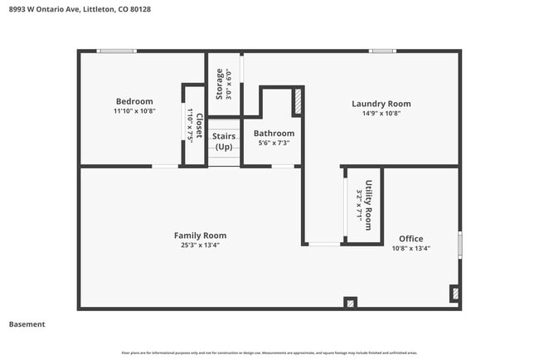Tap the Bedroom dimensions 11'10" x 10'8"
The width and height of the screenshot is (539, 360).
(x=134, y=111)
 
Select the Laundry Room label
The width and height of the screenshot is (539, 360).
(x=381, y=104)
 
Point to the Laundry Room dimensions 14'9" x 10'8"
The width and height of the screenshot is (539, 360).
(x=381, y=114)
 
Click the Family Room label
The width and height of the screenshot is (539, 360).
(x=200, y=236)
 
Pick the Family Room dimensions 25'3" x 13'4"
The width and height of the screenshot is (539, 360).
(x=200, y=245)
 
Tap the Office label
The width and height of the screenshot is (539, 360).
(x=410, y=239)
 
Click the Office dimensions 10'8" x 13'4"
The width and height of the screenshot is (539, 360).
(x=410, y=248)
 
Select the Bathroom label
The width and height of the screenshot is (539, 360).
(x=274, y=133)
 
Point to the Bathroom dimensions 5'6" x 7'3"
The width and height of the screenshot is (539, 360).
(x=274, y=143)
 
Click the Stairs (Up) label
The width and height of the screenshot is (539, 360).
(x=224, y=141)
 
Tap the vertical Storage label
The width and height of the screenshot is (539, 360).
(x=220, y=84)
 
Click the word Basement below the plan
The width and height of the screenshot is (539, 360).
(x=27, y=324)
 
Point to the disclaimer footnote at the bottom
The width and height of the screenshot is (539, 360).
(x=269, y=353)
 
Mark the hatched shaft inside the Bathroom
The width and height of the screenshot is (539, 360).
(x=297, y=101)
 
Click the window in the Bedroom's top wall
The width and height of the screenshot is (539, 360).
(x=117, y=51)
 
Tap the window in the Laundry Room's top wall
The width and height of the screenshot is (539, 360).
(x=382, y=51)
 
